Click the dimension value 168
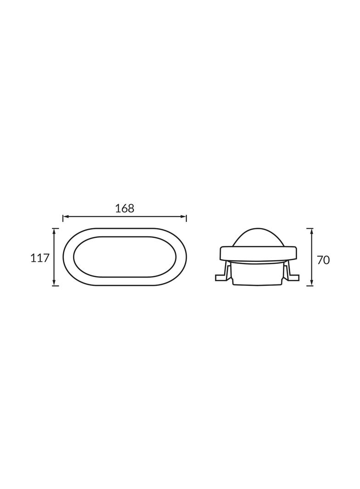(124, 208)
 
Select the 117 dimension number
(40, 258)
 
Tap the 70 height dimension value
(323, 260)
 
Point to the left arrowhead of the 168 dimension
(66, 216)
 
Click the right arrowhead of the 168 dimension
(184, 216)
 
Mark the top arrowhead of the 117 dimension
(55, 231)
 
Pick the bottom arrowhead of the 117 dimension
(55, 283)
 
